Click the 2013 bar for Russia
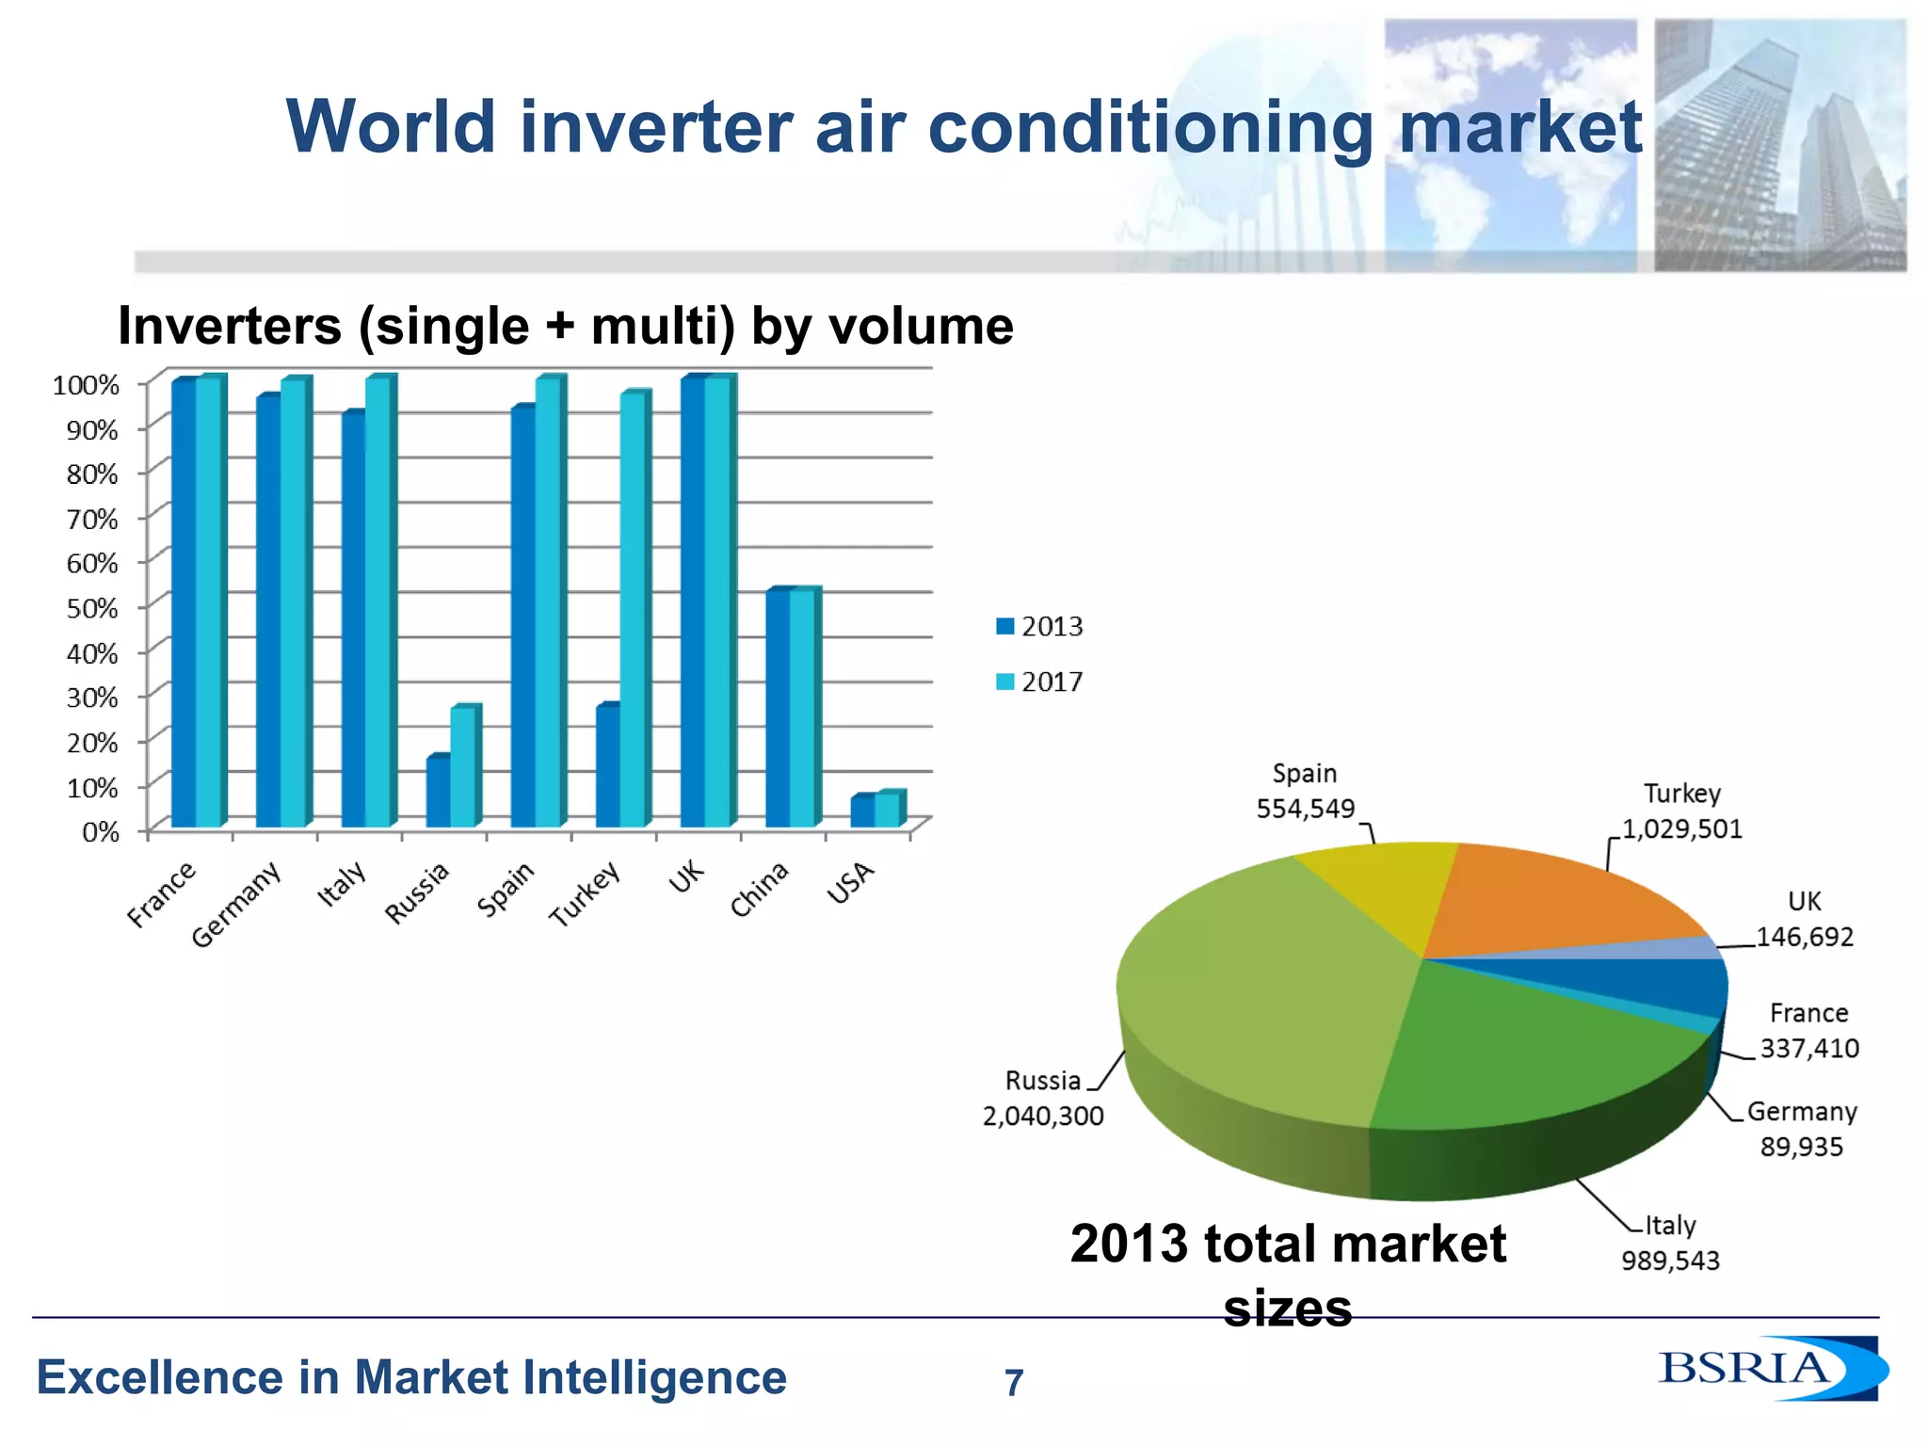click(x=438, y=792)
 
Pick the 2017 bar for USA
click(x=888, y=811)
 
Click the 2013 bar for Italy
click(x=353, y=621)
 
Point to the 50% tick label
click(x=91, y=608)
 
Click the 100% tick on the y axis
click(x=86, y=385)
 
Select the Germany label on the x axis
click(x=237, y=904)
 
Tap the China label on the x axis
click(x=760, y=889)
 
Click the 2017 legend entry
click(x=1039, y=682)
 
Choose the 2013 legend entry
click(x=1039, y=626)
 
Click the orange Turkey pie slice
click(x=1553, y=899)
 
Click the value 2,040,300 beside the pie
click(x=1043, y=1117)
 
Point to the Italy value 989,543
click(x=1670, y=1261)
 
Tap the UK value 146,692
click(x=1805, y=937)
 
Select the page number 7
click(x=1013, y=1383)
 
